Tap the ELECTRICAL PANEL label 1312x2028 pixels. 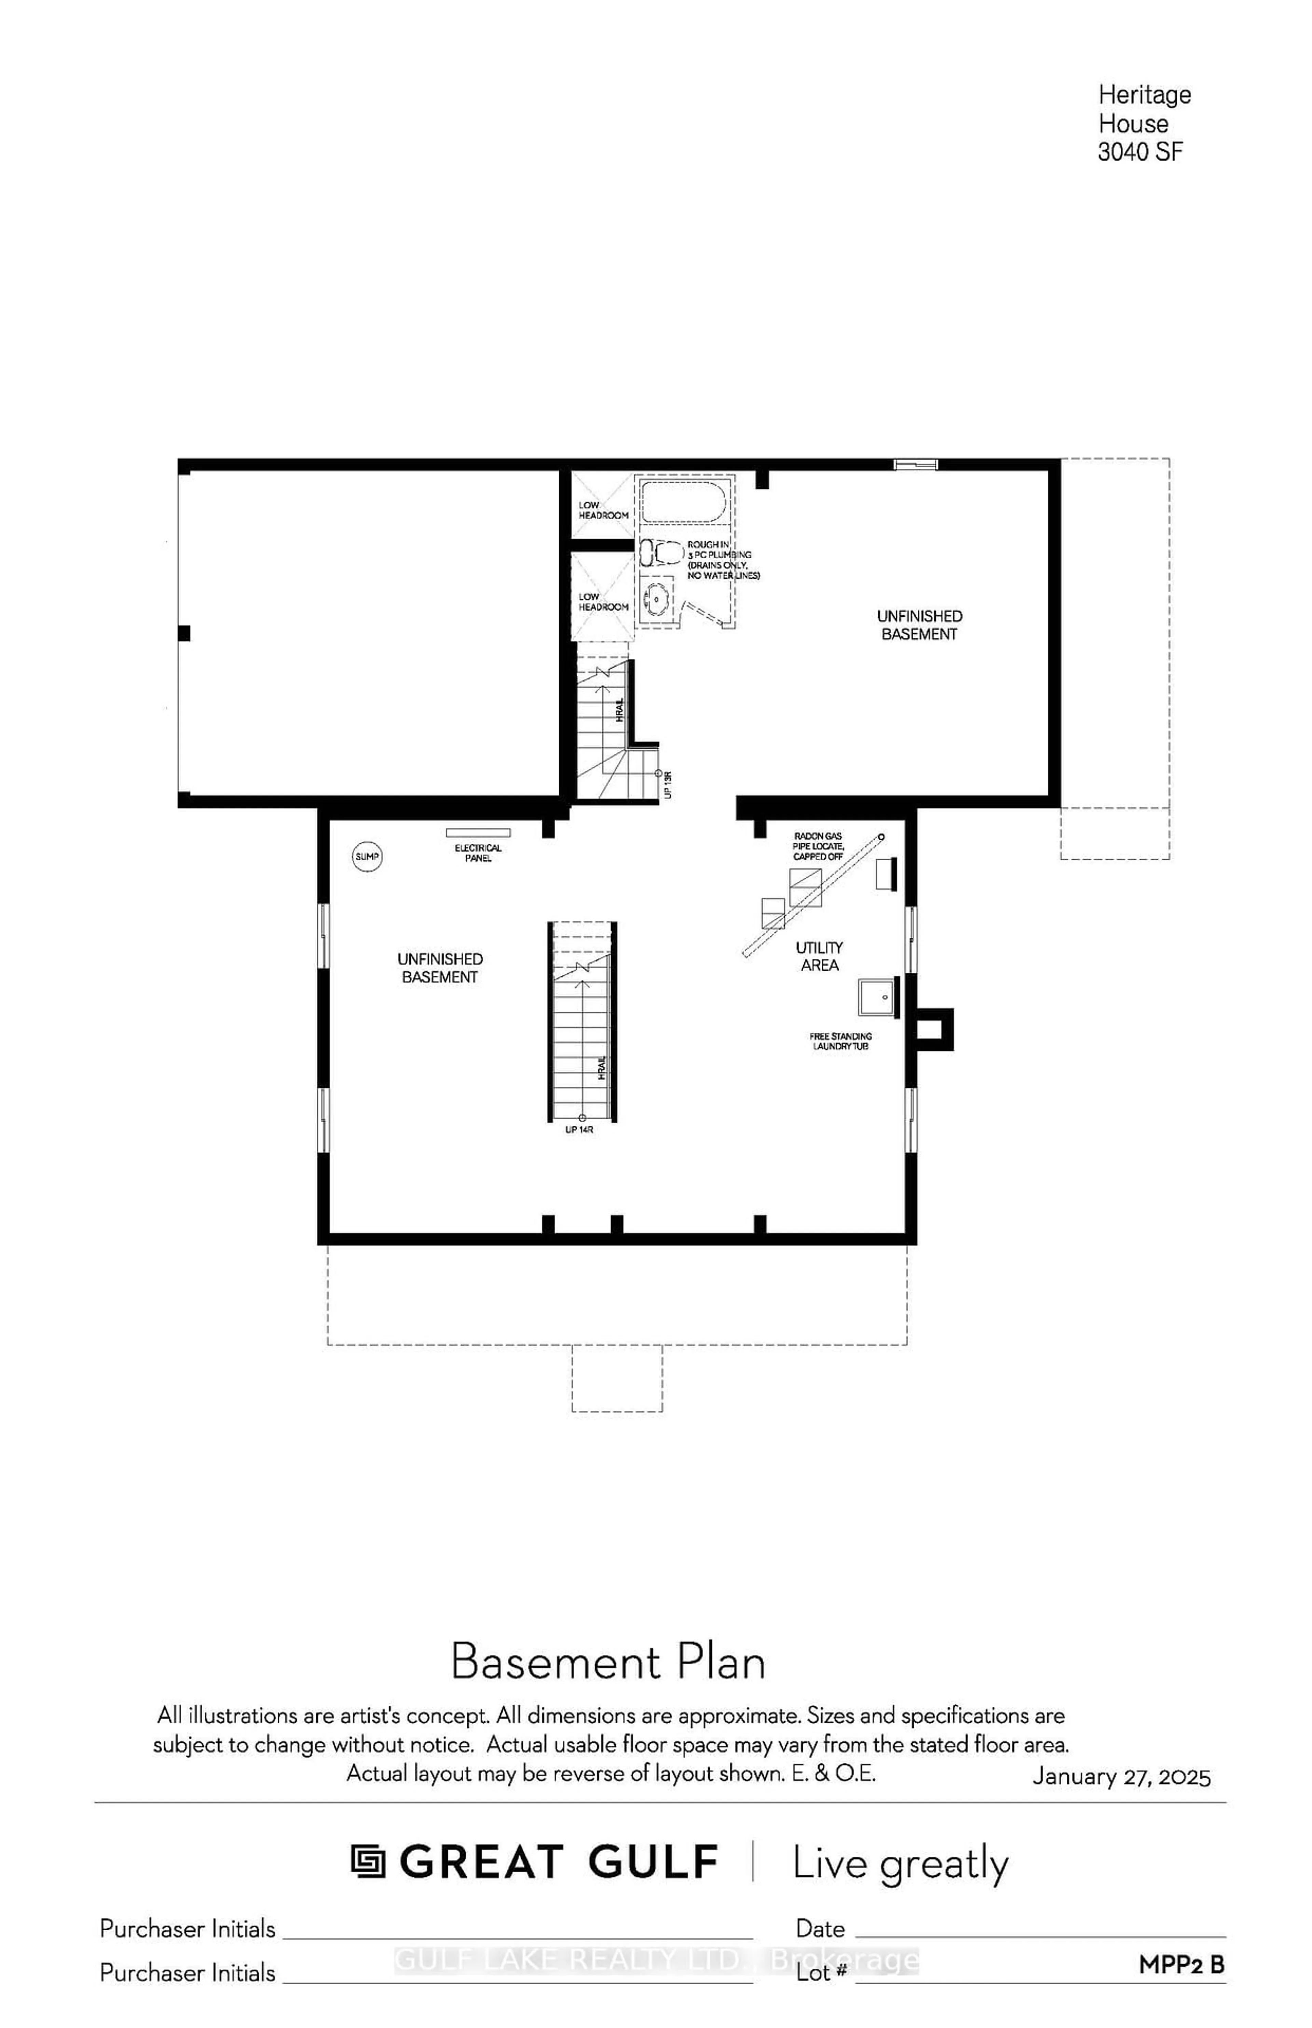[478, 853]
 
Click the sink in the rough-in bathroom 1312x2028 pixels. [657, 599]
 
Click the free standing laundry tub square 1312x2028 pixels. [879, 997]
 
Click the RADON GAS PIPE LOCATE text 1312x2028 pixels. [818, 846]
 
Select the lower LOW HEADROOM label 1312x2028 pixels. [603, 601]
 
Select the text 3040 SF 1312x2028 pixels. [1140, 152]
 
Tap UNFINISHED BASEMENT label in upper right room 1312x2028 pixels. [919, 624]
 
